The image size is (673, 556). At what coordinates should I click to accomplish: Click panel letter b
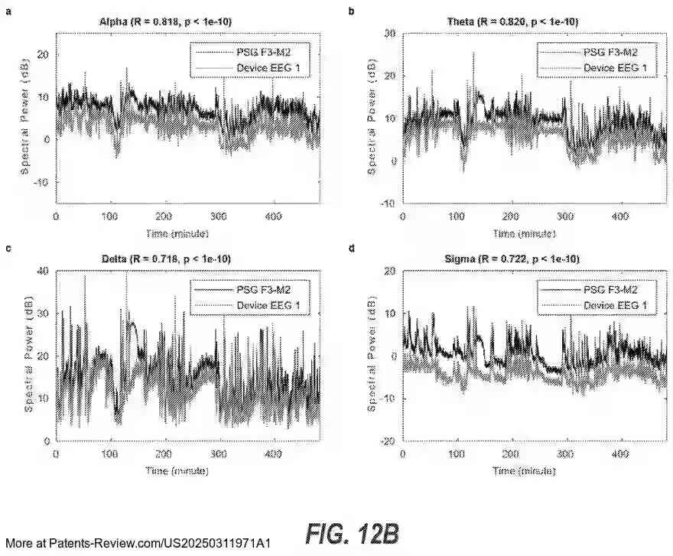coord(351,11)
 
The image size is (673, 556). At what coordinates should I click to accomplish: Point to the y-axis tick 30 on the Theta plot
coord(389,34)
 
